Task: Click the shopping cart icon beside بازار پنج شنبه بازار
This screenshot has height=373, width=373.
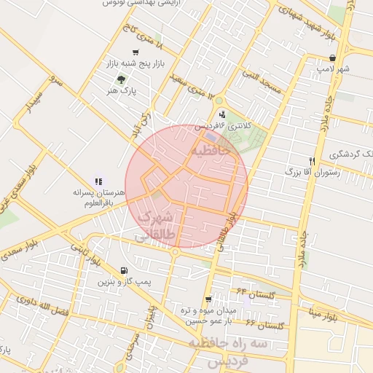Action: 136,52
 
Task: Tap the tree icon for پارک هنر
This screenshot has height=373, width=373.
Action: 120,79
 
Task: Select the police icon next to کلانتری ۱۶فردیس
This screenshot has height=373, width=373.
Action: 222,114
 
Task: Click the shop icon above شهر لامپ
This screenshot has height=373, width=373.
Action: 332,58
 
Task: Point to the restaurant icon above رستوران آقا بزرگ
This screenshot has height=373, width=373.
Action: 312,161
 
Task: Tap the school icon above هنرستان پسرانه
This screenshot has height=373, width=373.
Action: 98,181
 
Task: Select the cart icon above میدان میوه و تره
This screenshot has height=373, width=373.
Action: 208,299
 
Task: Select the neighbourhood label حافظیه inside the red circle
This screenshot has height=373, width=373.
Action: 213,151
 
